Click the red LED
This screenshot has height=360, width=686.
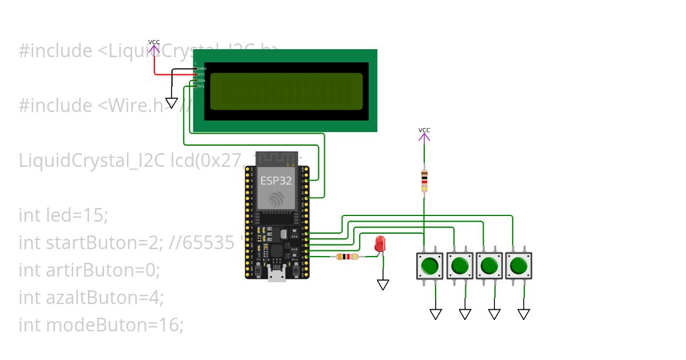click(x=380, y=245)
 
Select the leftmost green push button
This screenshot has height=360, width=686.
click(x=430, y=266)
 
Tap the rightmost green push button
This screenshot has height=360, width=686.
click(x=519, y=266)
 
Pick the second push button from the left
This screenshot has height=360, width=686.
click(x=460, y=266)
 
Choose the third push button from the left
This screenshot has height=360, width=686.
click(x=489, y=266)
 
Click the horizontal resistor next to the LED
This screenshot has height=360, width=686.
click(x=347, y=257)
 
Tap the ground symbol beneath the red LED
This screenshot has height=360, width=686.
click(x=383, y=284)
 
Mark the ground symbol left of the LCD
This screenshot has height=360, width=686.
click(x=171, y=103)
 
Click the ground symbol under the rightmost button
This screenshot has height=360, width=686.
click(x=524, y=314)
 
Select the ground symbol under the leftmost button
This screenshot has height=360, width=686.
click(x=436, y=314)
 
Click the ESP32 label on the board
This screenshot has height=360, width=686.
click(x=277, y=181)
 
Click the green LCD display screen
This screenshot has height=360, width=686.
click(x=286, y=91)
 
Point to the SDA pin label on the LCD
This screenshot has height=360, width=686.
click(x=201, y=81)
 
